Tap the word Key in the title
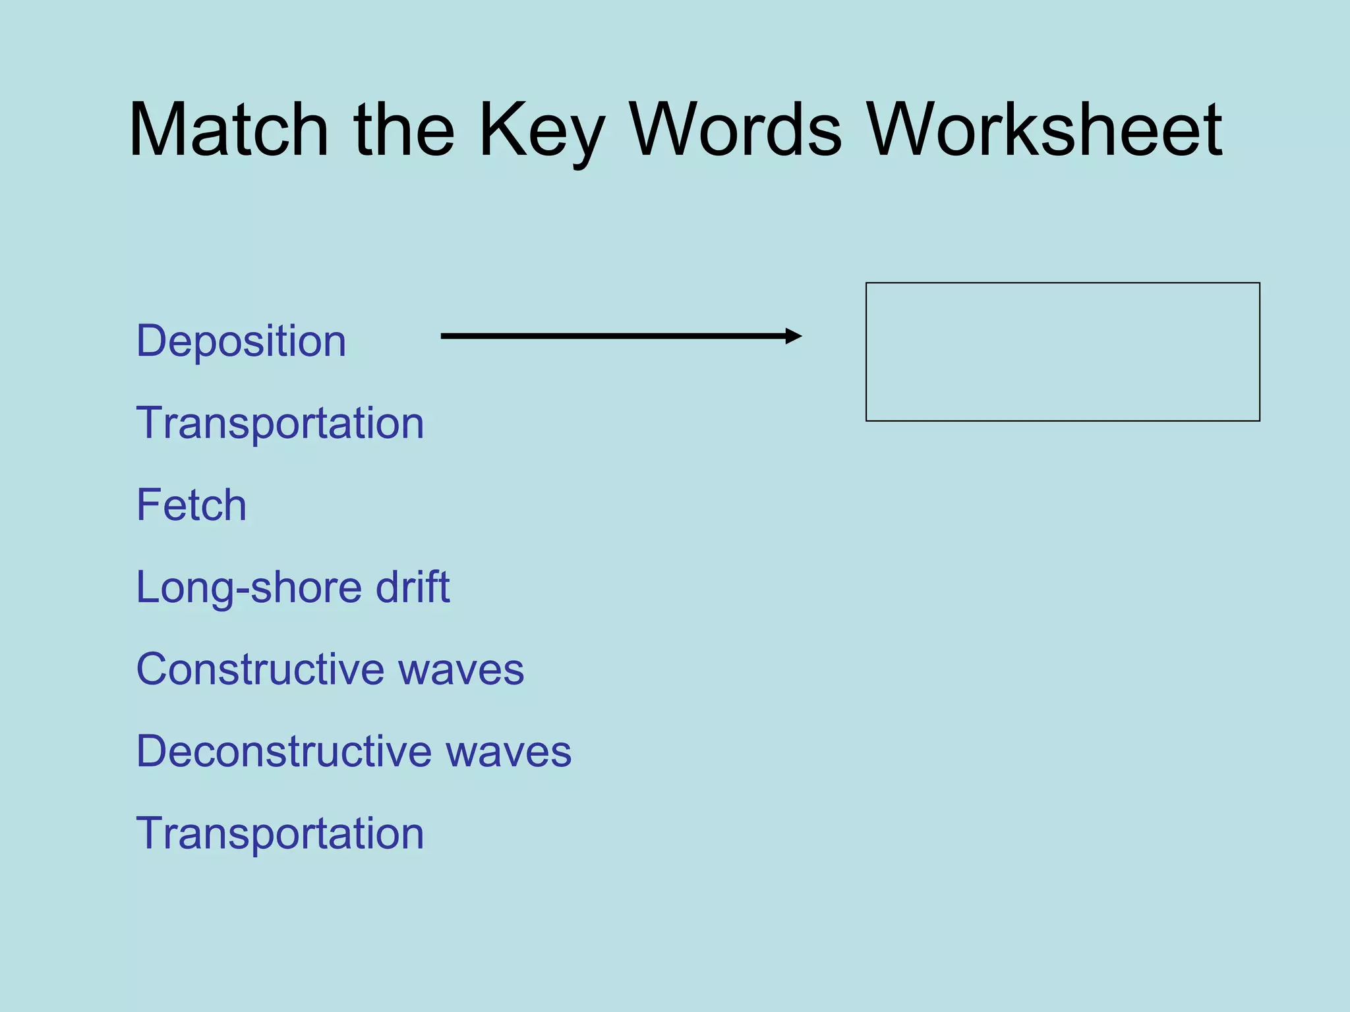[x=541, y=132]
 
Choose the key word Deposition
[x=241, y=342]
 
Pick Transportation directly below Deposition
[x=279, y=423]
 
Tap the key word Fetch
[x=191, y=505]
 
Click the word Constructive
[x=260, y=669]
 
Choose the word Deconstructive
[x=283, y=751]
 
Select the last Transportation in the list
[x=279, y=833]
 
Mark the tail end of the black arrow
[x=444, y=336]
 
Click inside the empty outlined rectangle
[x=1063, y=352]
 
